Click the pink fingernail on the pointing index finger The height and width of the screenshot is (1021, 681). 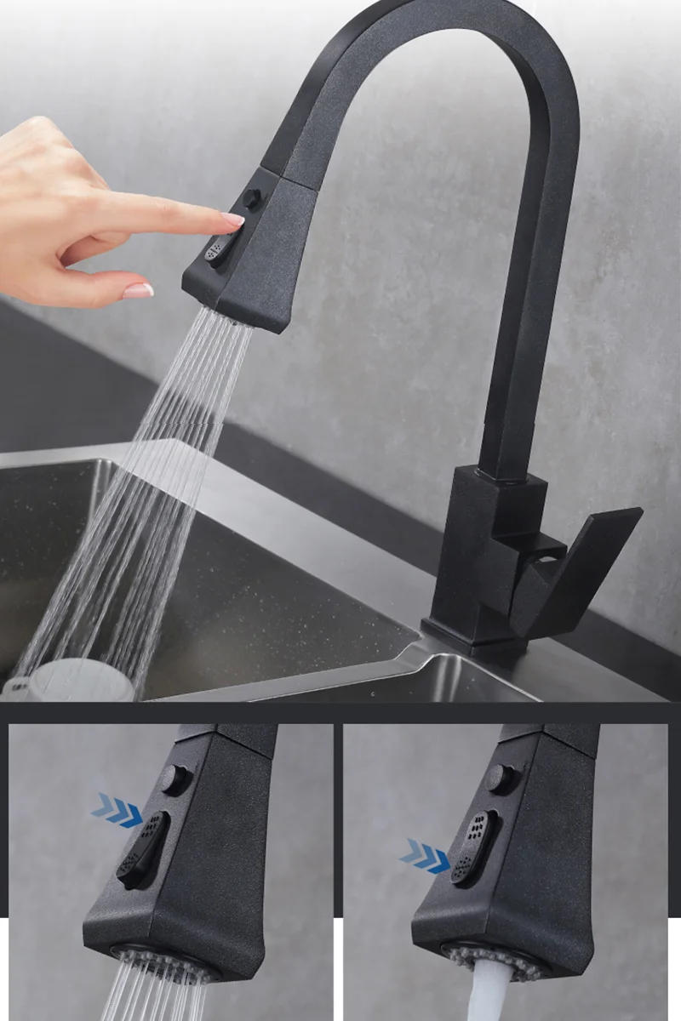[x=232, y=220]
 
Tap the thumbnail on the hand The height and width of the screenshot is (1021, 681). [x=137, y=291]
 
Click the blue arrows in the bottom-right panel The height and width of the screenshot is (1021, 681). [x=426, y=853]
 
